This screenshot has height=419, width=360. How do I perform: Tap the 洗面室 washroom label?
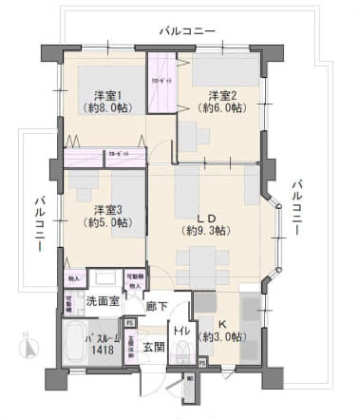pos(103,300)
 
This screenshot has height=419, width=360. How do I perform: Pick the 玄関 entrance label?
pos(154,347)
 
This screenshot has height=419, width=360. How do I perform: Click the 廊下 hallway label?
pos(158,306)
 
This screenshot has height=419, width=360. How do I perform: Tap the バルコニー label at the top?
pos(188,31)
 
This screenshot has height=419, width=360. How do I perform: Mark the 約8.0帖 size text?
pos(111,108)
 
